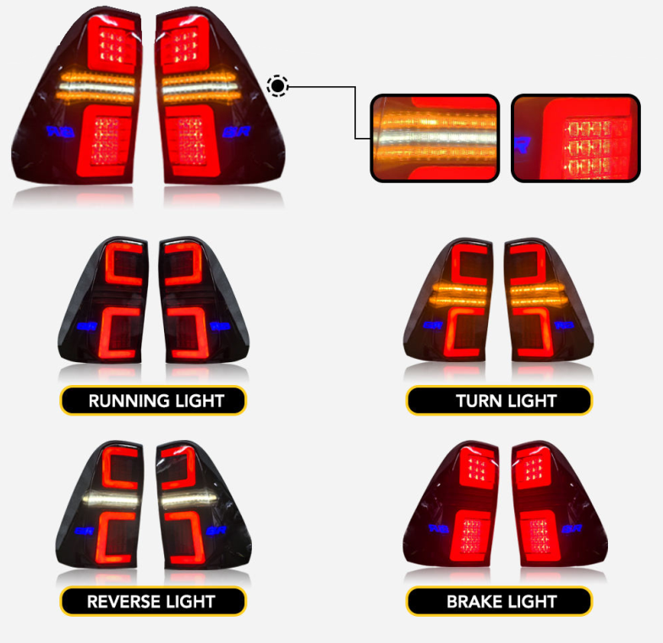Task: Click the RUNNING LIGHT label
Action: point(153,400)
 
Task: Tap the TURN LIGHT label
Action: point(499,400)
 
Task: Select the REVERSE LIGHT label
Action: point(153,602)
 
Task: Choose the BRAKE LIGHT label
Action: point(499,602)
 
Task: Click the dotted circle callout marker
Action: point(277,85)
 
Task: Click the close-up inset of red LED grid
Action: point(575,138)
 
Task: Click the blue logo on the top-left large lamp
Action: point(61,132)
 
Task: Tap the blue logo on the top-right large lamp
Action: point(234,133)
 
